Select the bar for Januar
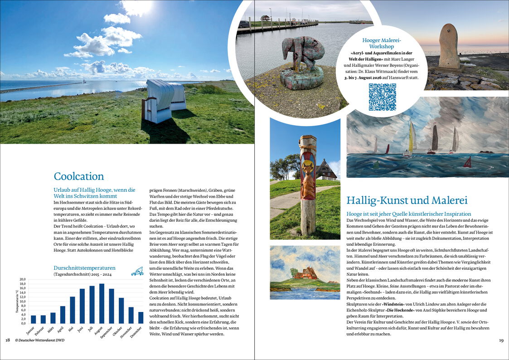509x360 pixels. tap(34, 319)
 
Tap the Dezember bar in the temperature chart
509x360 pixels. tap(141, 317)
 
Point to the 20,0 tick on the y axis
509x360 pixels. tap(22, 279)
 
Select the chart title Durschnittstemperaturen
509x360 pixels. tap(84, 268)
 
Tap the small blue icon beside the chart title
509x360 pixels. tap(137, 271)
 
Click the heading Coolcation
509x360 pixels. tap(79, 176)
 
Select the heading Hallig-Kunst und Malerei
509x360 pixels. tap(407, 200)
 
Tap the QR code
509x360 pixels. tap(382, 97)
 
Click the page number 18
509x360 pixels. tap(8, 340)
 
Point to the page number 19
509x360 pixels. tap(501, 340)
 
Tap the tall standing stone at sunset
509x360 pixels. tap(449, 47)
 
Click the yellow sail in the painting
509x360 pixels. tap(412, 138)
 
